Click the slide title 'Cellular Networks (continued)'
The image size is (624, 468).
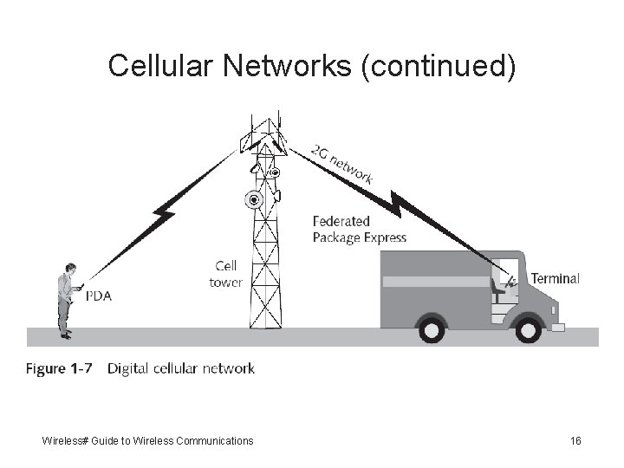(x=312, y=66)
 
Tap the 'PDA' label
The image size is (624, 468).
(x=98, y=295)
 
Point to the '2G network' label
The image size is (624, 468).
(x=342, y=163)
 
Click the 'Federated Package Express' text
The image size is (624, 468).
(x=359, y=230)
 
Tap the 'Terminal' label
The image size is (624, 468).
(x=555, y=279)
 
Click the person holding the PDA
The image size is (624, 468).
(x=66, y=299)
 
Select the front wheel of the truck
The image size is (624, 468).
(x=526, y=328)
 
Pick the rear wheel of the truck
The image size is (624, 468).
(x=430, y=328)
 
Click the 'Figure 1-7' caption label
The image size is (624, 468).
(x=58, y=369)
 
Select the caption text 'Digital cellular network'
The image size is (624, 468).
(x=180, y=369)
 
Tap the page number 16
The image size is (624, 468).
(x=575, y=441)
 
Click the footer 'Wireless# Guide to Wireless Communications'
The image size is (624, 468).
(x=147, y=441)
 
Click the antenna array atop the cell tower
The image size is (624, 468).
(x=264, y=135)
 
